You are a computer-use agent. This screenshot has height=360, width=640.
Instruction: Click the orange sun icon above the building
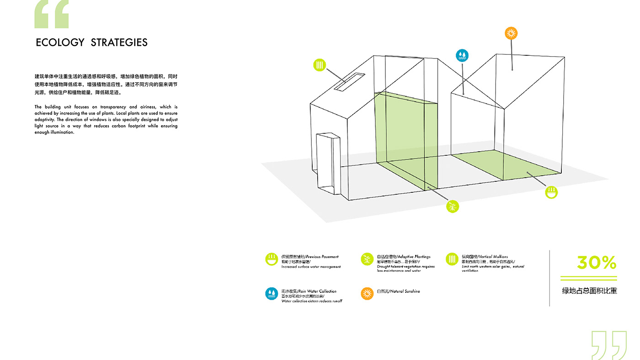tap(511, 33)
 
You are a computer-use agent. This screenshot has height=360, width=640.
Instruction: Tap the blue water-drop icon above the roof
tap(462, 55)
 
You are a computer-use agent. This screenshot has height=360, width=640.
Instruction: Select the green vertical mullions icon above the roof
tap(320, 65)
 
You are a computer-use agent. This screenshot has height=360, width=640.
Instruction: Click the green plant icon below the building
tap(453, 206)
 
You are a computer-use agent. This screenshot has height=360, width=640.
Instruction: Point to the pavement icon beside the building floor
tap(552, 192)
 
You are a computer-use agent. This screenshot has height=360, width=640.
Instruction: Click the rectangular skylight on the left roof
tap(350, 81)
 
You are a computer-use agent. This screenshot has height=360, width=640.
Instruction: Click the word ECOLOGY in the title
tap(60, 42)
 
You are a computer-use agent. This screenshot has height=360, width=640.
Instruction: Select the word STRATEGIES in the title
tap(119, 42)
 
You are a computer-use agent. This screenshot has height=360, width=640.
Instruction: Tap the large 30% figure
tap(597, 263)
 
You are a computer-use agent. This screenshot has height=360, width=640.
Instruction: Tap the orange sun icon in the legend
tap(367, 293)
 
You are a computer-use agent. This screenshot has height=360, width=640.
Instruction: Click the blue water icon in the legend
tap(272, 293)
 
